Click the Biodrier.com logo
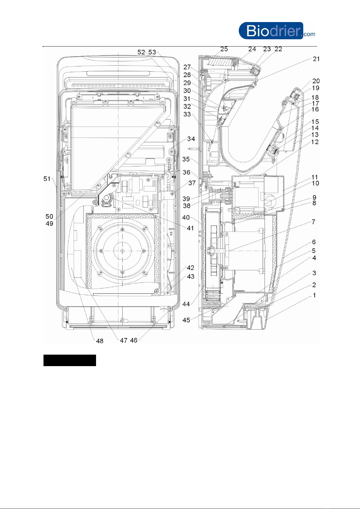coord(277,31)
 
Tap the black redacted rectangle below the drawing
coord(70,360)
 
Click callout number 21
coord(316,59)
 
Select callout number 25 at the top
coord(224,49)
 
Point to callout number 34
coord(191,139)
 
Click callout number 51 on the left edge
coord(47,179)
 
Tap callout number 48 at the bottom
coord(100,341)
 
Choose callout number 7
coord(313,222)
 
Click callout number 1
coord(314,295)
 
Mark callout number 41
coord(190,228)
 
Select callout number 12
coord(315,142)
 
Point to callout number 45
coord(186,320)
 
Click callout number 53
coord(152,52)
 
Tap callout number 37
coord(192,183)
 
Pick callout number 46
coord(133,340)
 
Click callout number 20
coord(316,81)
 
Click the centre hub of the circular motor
coord(122,251)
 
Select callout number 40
coord(186,217)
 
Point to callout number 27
coord(187,67)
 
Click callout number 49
coord(50,224)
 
